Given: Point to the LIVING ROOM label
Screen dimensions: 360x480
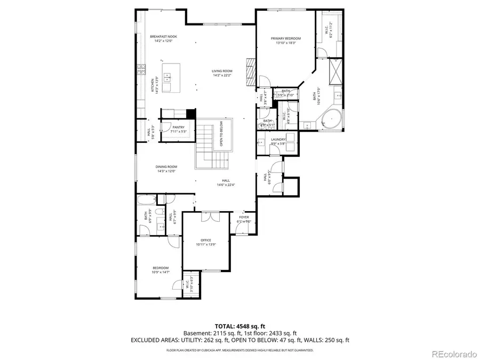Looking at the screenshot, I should point(222,70).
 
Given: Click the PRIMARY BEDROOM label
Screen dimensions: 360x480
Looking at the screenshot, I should point(286,38).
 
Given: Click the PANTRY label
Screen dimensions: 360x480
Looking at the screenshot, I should point(178,127).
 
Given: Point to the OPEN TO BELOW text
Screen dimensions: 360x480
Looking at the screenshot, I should point(221,137).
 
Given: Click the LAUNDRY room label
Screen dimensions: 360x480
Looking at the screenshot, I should point(278,139).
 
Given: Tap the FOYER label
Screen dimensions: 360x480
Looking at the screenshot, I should point(244,217).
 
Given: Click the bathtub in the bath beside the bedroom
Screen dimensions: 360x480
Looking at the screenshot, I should point(146,201).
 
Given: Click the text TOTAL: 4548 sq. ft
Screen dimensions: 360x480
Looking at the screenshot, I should point(239,325).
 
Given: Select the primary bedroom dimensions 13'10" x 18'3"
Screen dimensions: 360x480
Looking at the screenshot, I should point(286,43).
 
